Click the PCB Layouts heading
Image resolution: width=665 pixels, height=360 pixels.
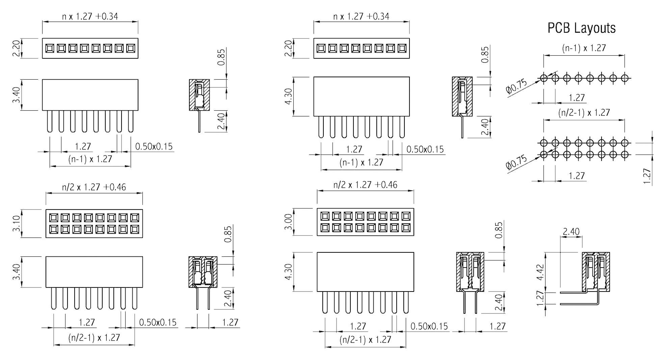pos(581,28)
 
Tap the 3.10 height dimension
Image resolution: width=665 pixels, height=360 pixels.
pos(17,223)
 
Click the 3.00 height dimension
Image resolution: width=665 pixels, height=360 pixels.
pos(288,222)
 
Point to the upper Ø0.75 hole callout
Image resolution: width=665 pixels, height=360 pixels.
pos(516,86)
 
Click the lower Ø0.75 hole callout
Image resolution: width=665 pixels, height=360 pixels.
pos(516,162)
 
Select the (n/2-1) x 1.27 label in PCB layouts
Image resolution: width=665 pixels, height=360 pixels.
pos(584,112)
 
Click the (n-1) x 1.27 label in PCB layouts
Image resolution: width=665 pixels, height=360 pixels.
pos(584,48)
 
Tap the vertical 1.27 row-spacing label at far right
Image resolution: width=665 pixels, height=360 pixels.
pos(647,176)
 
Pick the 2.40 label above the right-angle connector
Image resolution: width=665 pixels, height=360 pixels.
pos(571,231)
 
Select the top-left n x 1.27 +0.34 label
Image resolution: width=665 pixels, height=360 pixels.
pos(90,16)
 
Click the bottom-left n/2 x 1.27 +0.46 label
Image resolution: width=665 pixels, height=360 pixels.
pos(94,187)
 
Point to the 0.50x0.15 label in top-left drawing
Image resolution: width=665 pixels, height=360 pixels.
pos(154,146)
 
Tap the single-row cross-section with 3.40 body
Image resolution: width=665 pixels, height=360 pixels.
pos(199,95)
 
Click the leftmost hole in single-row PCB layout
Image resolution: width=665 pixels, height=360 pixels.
pos(543,78)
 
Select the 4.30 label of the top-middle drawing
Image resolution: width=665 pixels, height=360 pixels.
pos(288,97)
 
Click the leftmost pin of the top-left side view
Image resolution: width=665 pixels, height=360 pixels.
pos(50,121)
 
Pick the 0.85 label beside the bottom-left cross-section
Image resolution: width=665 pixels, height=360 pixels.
pos(228,234)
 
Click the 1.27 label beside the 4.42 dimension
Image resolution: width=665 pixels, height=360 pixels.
pos(540,298)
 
